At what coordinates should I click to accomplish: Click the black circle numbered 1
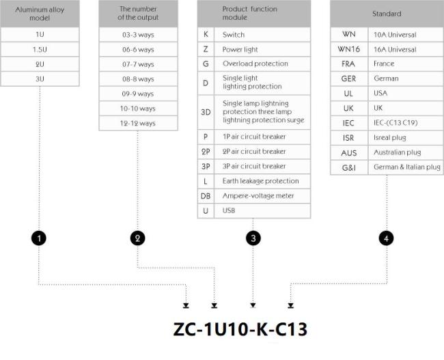(39, 238)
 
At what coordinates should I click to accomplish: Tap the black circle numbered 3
(253, 238)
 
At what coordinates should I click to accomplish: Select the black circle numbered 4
(386, 238)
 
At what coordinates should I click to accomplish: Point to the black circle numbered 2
(137, 238)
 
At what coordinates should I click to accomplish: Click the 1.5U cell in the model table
(40, 49)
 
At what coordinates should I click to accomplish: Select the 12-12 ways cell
(138, 123)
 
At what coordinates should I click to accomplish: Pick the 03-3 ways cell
(138, 35)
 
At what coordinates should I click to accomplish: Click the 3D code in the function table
(206, 112)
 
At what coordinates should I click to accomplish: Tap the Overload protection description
(255, 64)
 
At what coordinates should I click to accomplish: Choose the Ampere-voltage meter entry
(258, 196)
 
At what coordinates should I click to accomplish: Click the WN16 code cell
(349, 49)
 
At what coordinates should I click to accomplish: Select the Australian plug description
(398, 152)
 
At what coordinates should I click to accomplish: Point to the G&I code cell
(349, 167)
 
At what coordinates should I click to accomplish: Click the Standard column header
(387, 14)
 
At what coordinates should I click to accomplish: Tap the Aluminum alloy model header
(40, 14)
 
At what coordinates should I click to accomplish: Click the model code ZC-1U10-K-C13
(240, 329)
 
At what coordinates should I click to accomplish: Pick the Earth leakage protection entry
(260, 181)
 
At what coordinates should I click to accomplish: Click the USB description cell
(262, 210)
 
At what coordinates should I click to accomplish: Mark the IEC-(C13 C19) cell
(406, 123)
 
